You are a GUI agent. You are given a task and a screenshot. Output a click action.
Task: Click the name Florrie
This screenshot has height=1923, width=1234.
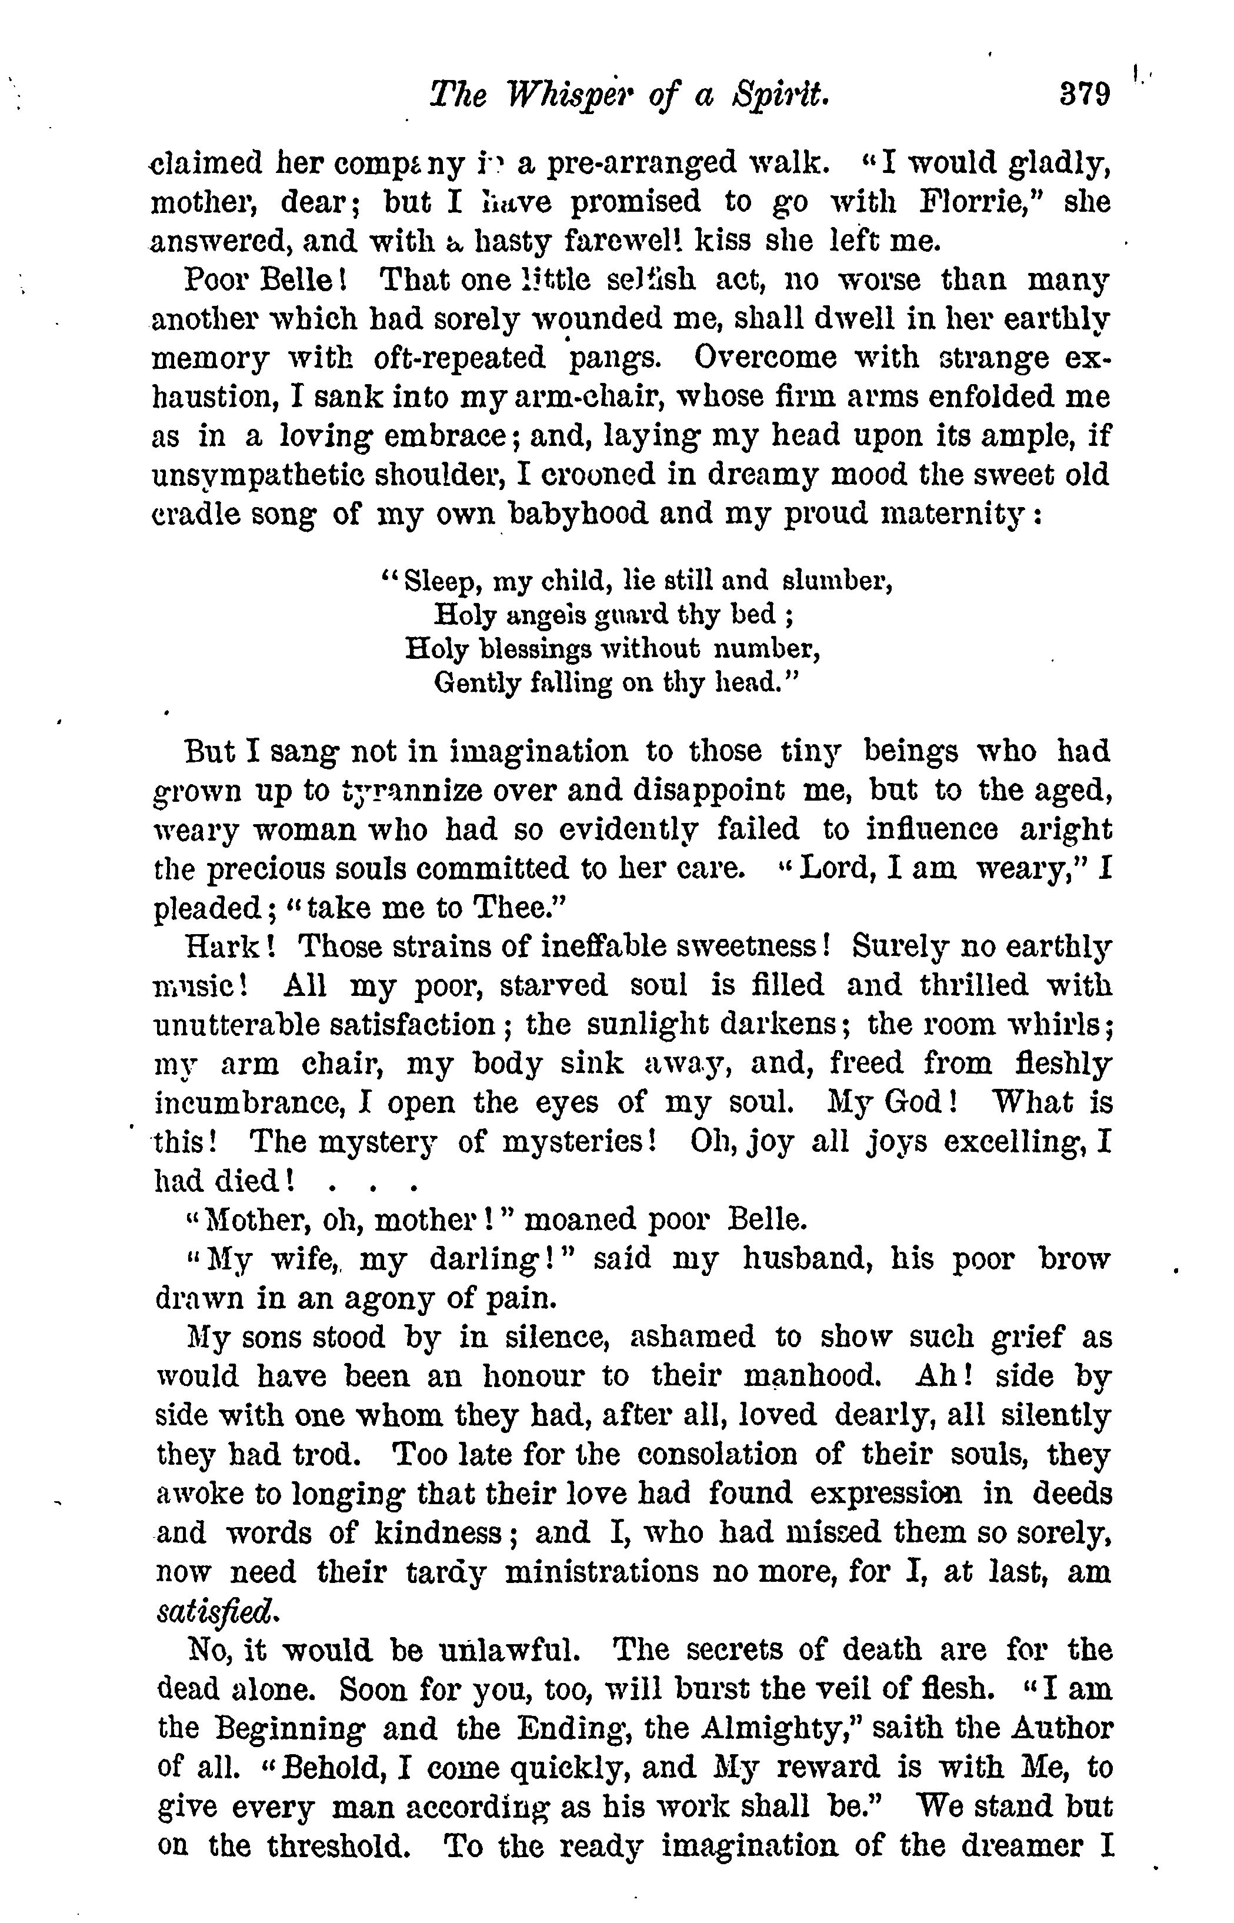tap(969, 201)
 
